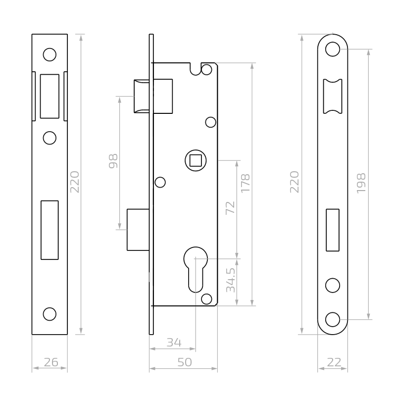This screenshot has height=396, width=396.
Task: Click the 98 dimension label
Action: coord(113,161)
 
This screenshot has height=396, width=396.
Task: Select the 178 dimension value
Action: coord(246,183)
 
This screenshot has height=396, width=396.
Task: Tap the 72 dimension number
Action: coord(230,208)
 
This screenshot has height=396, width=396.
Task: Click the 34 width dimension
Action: coord(173,342)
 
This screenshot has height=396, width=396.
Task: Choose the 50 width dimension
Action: coord(184,362)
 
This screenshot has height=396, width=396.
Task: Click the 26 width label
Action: coord(50,362)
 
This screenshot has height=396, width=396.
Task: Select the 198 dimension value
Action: coord(361,183)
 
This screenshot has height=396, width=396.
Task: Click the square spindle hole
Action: coord(195,160)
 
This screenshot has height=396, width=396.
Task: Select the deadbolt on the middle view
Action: coord(138,230)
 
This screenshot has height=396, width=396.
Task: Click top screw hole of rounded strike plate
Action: coord(333,49)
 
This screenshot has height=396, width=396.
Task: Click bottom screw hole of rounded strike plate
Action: coord(333,319)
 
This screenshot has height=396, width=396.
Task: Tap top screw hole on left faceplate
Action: coord(49,54)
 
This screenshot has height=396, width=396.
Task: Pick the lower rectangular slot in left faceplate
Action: coord(49,230)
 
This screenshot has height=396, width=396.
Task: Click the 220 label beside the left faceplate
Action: coord(74,182)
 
